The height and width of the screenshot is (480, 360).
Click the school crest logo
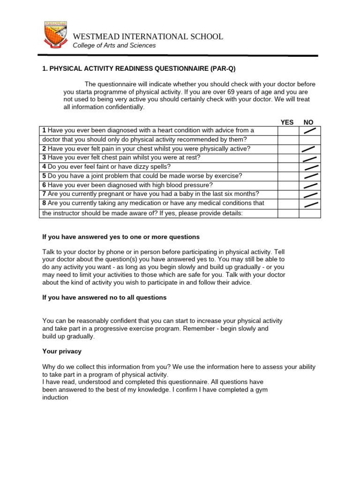tap(55, 35)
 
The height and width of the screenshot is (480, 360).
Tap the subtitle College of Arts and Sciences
tap(114, 45)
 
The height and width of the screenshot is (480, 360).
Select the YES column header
tap(287, 122)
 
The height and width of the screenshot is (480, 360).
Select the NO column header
tap(308, 122)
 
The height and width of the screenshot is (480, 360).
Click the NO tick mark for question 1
tap(309, 130)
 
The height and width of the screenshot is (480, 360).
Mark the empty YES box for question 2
tap(288, 149)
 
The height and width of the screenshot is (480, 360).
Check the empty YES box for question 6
tap(288, 185)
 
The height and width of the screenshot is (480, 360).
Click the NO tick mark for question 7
tap(310, 195)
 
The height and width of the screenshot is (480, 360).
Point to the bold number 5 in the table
tap(44, 176)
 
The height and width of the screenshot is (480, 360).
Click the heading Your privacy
tap(61, 351)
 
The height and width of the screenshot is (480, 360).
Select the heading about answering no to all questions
tap(104, 298)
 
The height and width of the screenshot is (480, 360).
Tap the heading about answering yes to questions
tap(121, 237)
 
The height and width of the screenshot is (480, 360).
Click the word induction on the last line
tap(55, 397)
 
